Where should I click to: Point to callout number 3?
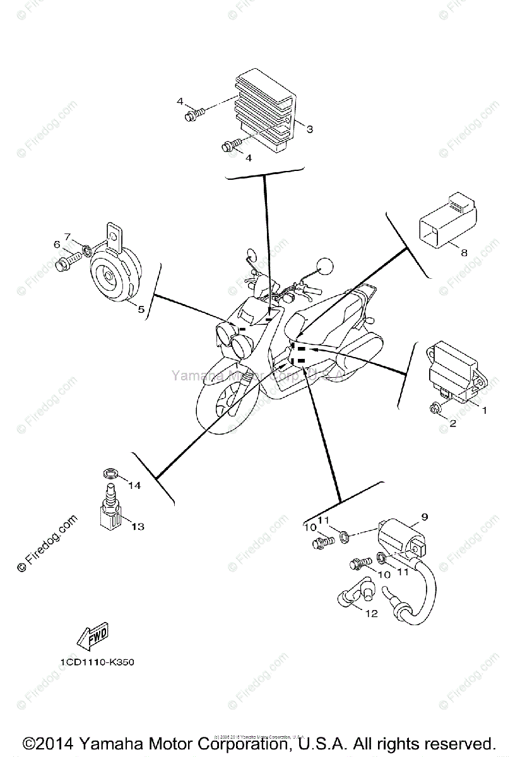(309, 129)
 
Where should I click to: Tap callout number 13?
(138, 525)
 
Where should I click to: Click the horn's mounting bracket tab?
(114, 235)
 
